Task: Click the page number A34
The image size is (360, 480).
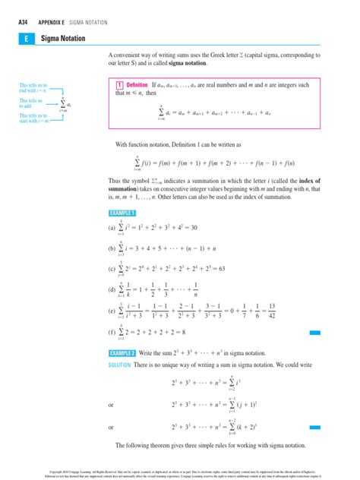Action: [23, 23]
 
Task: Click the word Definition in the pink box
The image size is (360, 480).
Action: [137, 85]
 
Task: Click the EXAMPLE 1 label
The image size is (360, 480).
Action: [123, 213]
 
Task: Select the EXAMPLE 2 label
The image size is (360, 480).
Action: [123, 353]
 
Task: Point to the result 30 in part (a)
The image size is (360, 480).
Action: [193, 227]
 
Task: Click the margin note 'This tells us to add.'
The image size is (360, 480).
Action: [31, 103]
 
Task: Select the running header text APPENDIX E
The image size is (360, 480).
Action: [50, 23]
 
